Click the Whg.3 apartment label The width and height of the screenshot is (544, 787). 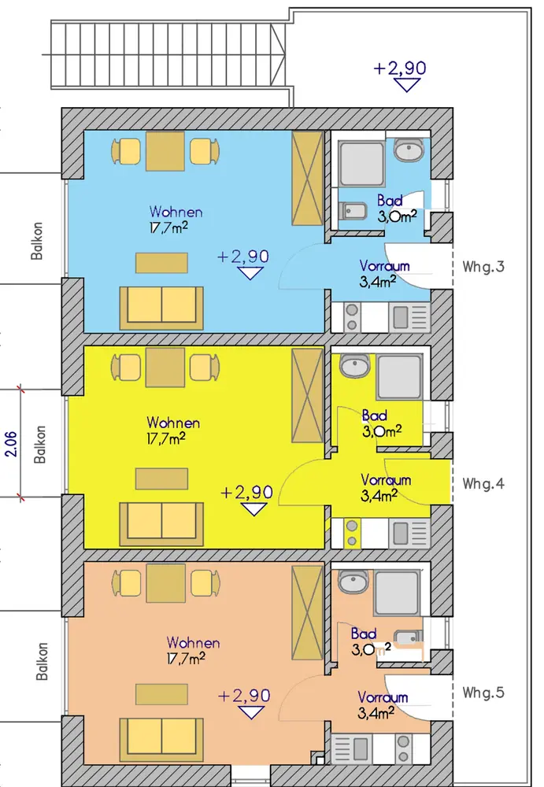[x=483, y=266]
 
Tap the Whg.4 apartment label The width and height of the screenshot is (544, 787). [x=483, y=483]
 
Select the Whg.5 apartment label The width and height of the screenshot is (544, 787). [x=483, y=693]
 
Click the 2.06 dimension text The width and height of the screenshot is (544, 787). [x=11, y=444]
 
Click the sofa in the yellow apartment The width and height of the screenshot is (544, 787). [x=161, y=524]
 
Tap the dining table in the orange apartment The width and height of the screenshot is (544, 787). [x=166, y=583]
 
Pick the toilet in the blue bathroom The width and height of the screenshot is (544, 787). [x=353, y=211]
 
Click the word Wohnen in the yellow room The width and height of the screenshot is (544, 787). [x=173, y=423]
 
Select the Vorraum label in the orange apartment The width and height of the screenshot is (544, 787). [x=383, y=697]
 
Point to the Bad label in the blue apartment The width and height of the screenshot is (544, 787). [x=390, y=201]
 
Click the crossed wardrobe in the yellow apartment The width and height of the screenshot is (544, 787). [x=307, y=396]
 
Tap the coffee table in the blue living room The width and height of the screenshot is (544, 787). [x=161, y=263]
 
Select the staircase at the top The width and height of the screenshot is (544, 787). [x=168, y=55]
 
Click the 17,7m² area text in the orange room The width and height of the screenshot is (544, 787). [x=186, y=658]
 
